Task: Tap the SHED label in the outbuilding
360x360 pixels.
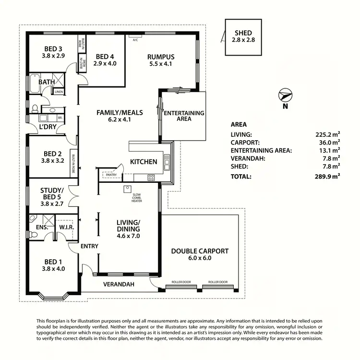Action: point(243,33)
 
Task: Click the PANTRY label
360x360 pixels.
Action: point(111,175)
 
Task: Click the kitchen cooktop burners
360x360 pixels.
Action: point(151,178)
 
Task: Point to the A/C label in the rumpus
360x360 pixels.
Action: point(135,40)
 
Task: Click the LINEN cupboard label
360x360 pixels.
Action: point(59,92)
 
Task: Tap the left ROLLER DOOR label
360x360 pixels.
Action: point(180,282)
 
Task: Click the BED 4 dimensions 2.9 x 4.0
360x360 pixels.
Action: point(105,63)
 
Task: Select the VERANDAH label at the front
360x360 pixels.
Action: point(119,284)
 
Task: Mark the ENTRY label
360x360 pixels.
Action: point(90,246)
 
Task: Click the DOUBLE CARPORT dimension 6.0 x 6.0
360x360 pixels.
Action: point(200,258)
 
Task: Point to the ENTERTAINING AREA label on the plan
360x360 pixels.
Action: point(184,116)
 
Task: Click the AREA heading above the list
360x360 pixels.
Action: point(239,124)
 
